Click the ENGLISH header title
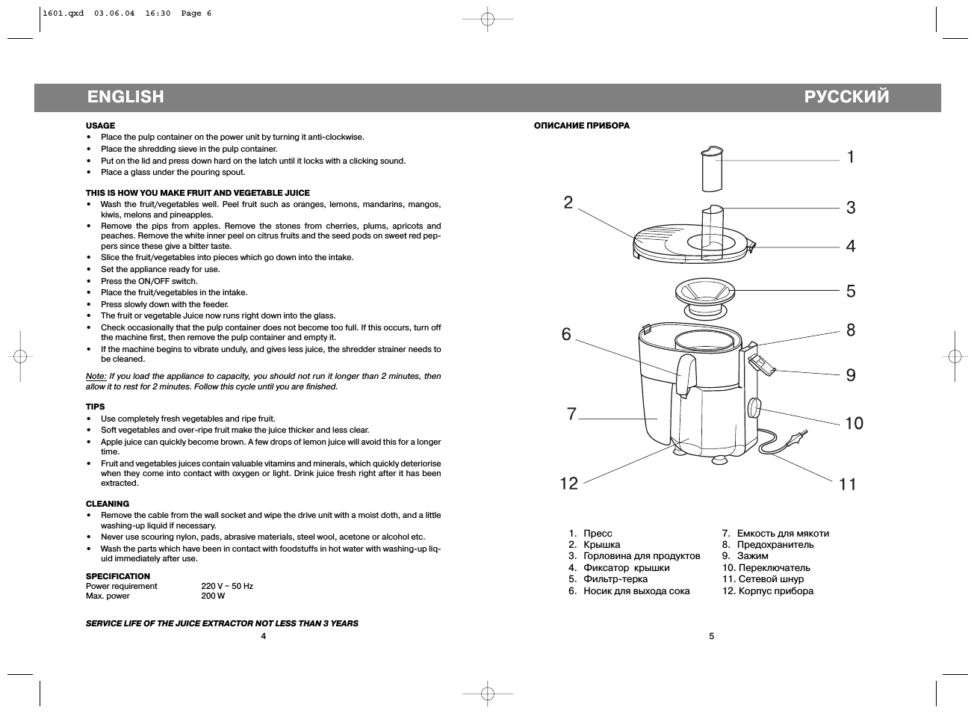tap(125, 96)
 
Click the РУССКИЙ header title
tap(846, 96)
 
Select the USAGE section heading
tap(100, 126)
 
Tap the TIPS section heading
tap(95, 407)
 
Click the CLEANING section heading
tap(108, 504)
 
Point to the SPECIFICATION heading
tap(118, 576)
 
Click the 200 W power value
tap(213, 596)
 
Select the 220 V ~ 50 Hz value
tap(227, 587)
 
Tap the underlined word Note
tap(96, 377)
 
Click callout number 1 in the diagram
tap(850, 157)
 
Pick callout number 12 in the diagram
tap(569, 484)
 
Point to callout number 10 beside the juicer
tap(854, 424)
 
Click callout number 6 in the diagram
tap(566, 334)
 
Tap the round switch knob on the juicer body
tap(754, 408)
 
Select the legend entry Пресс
tap(598, 534)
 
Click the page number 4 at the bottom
tap(263, 636)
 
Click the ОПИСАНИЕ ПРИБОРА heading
tap(581, 126)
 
